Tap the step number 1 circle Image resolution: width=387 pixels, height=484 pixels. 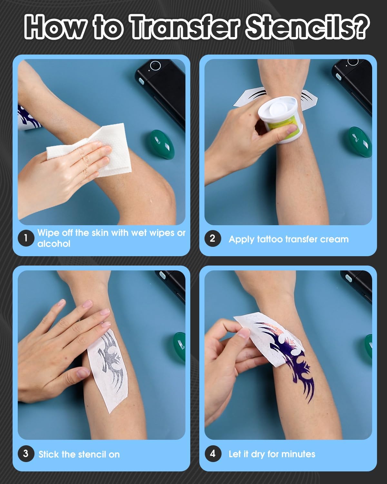pos(26,238)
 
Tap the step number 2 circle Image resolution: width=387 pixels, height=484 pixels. pos(213,238)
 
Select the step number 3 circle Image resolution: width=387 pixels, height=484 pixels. pos(26,454)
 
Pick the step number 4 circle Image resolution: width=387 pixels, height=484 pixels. pos(213,454)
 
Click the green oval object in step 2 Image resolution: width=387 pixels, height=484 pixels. pos(360,142)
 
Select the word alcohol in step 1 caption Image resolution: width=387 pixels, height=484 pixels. pos(54,244)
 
